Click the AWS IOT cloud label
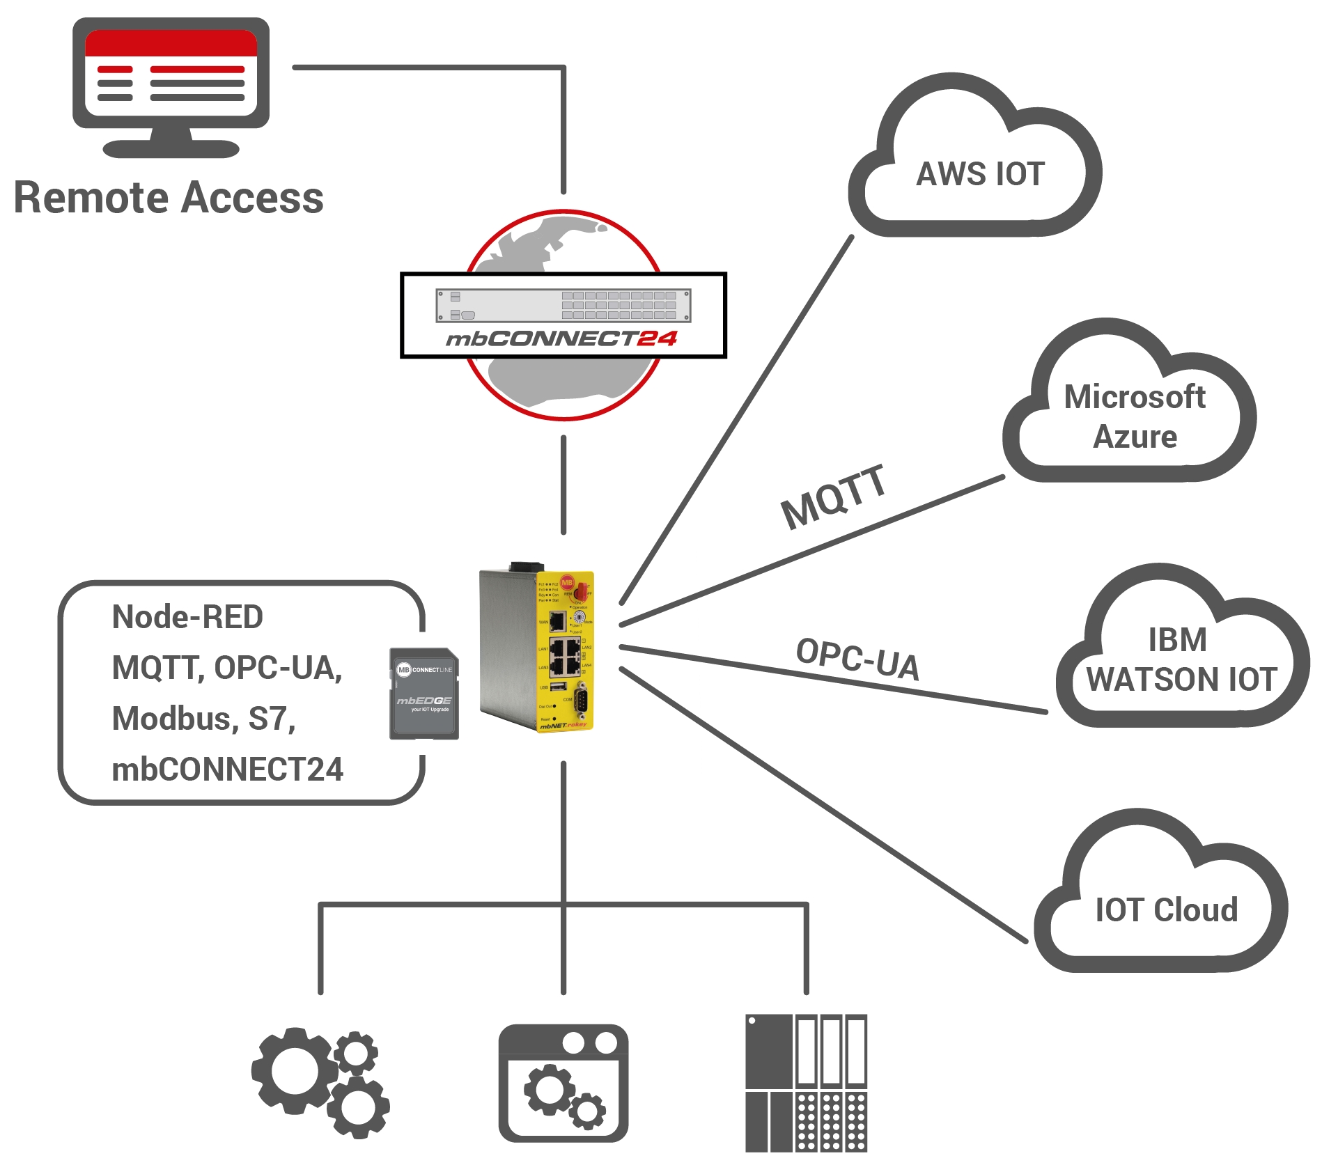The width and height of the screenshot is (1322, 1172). [980, 174]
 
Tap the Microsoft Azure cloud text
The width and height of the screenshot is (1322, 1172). [1135, 416]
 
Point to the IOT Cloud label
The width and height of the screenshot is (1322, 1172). [1166, 910]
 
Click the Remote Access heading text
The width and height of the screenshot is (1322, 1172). [169, 198]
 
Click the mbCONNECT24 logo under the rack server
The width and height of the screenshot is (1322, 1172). [561, 339]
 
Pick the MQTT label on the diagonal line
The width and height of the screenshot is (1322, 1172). [833, 497]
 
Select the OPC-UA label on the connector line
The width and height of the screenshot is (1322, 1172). [857, 659]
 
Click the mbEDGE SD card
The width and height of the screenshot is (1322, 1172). [423, 694]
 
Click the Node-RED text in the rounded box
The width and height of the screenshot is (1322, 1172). [187, 617]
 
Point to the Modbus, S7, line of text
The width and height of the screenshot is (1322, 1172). [203, 719]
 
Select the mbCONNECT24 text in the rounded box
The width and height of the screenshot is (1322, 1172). [227, 769]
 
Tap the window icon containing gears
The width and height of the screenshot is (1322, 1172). [563, 1082]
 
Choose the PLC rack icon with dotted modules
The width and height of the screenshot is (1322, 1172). [806, 1082]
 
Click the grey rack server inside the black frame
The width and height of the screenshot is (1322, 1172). [563, 306]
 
